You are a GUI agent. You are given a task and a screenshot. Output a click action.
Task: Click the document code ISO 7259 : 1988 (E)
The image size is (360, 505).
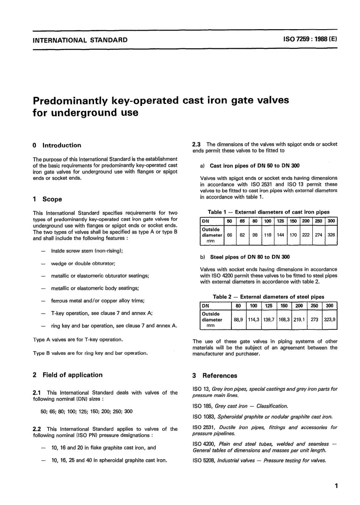(x=310, y=39)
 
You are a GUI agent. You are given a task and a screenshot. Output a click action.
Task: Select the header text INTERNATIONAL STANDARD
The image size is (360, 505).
(x=80, y=40)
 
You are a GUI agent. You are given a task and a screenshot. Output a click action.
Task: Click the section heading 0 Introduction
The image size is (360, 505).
(x=57, y=145)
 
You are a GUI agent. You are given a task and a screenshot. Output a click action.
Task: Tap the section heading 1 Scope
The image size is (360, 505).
(x=47, y=199)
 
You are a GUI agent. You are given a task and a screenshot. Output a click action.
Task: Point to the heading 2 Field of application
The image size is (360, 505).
(x=68, y=375)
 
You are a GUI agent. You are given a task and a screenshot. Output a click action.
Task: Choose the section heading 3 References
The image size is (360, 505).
(x=215, y=376)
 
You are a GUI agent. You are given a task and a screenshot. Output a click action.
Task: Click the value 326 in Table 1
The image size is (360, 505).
(x=331, y=235)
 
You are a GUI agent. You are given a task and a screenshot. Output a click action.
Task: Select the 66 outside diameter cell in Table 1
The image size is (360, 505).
(x=230, y=235)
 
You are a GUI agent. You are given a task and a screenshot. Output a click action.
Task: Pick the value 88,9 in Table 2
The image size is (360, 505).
(x=238, y=319)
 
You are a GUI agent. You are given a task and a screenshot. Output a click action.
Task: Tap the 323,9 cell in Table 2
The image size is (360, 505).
(x=329, y=319)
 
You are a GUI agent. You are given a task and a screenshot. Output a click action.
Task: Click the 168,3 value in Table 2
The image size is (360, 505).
(x=284, y=319)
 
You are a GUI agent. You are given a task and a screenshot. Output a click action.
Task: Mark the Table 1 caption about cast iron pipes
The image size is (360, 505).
(x=268, y=212)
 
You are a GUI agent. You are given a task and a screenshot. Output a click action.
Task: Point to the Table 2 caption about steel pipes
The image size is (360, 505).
(x=268, y=297)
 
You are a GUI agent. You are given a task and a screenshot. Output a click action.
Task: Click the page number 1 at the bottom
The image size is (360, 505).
(x=336, y=485)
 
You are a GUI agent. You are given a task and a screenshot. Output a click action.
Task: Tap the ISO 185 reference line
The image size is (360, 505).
(x=240, y=406)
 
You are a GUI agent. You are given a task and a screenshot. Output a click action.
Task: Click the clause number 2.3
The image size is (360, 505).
(x=197, y=144)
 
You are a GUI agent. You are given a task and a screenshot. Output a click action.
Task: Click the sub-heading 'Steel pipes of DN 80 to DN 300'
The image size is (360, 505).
(x=249, y=257)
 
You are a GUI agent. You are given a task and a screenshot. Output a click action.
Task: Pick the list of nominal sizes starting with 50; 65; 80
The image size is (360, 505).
(x=86, y=411)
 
